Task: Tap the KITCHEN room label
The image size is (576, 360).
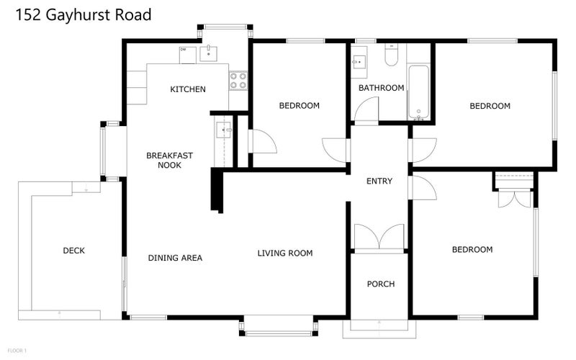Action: coord(188,89)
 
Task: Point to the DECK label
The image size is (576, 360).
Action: coord(73,251)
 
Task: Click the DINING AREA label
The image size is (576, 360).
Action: coord(175,258)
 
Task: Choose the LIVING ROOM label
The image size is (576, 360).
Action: coord(285,253)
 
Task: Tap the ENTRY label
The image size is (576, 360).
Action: coord(379,181)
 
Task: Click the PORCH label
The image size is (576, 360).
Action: coord(380,284)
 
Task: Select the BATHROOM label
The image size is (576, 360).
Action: coord(381,88)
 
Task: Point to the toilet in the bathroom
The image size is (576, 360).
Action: coord(392,56)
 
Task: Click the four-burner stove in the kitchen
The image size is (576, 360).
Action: coord(238,81)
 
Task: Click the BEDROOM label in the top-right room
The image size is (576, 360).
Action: coord(490,106)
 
